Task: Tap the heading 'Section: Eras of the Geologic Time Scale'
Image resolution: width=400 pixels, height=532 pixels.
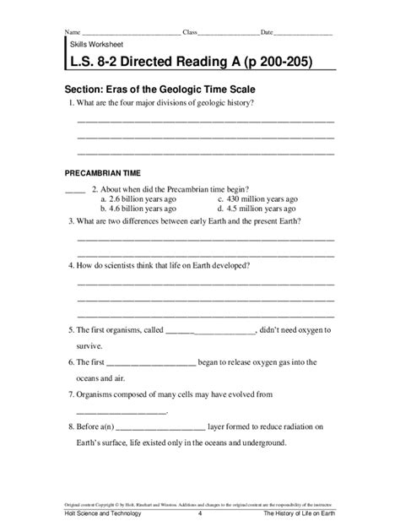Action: (160, 88)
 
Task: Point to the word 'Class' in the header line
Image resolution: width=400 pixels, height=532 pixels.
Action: (190, 32)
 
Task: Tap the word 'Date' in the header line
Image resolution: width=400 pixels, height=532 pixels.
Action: (267, 32)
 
